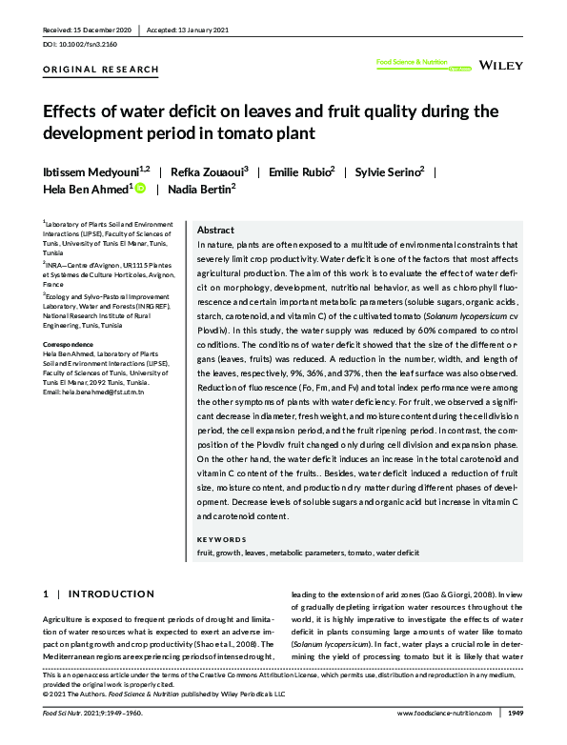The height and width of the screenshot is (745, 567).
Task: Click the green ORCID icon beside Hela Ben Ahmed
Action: [140, 191]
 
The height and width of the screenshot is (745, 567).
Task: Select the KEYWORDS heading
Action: [222, 538]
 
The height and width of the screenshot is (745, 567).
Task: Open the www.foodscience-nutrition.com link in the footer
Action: [443, 714]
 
